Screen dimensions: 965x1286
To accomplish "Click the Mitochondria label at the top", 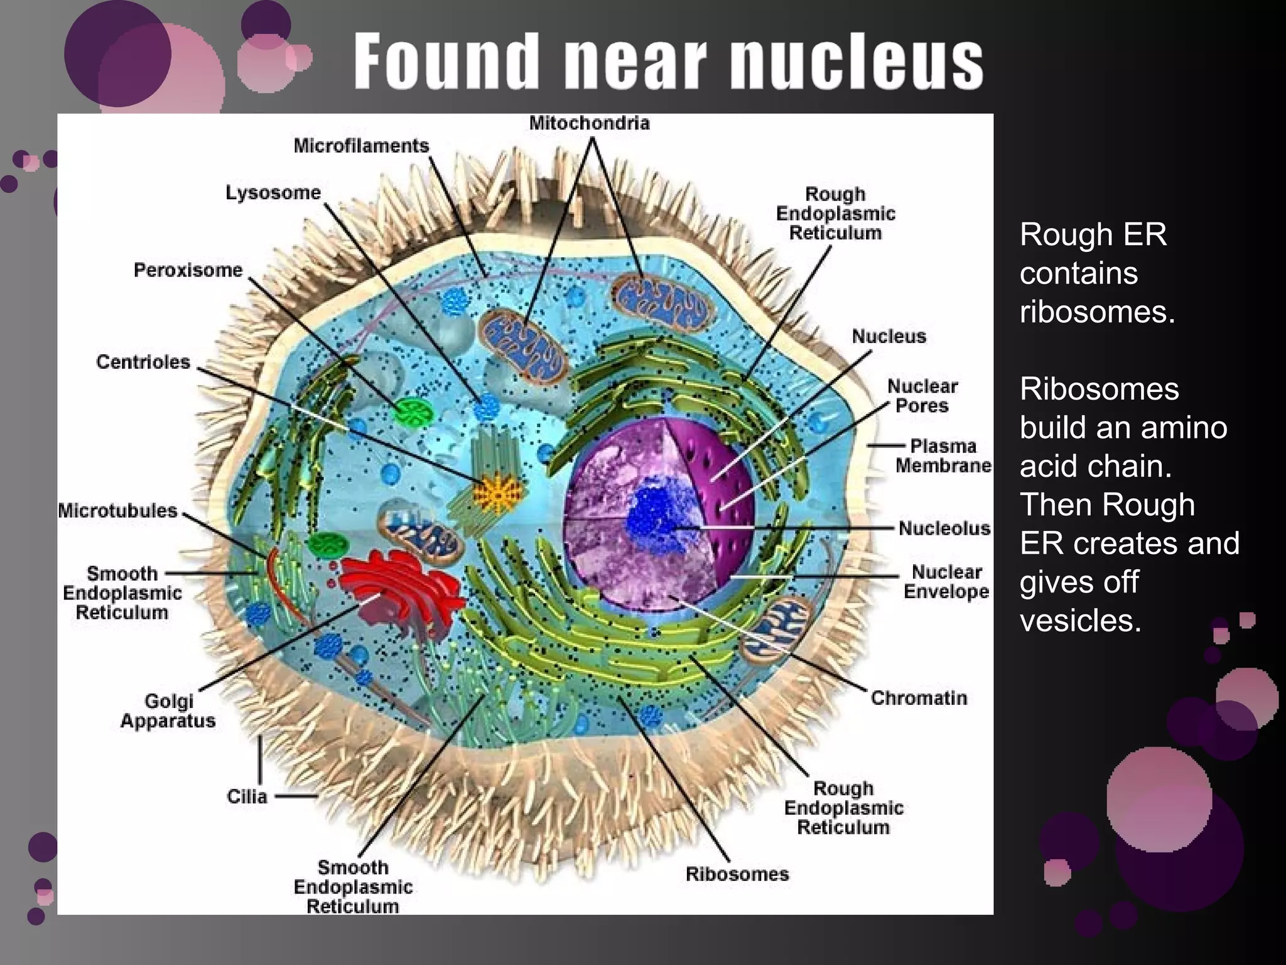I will [x=589, y=123].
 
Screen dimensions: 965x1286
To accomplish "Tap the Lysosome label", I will [x=273, y=192].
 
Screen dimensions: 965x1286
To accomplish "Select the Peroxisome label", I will [x=188, y=270].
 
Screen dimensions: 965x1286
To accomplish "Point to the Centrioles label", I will [x=143, y=362].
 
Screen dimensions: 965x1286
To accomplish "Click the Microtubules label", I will [x=118, y=510].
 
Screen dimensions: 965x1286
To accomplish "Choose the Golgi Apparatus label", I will [x=168, y=711].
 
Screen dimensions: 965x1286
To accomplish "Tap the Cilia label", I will [x=247, y=796].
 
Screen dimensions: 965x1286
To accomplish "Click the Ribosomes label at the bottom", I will [x=737, y=874].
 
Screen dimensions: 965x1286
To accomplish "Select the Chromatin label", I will [x=918, y=698].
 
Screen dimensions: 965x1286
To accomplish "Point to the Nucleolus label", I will [x=944, y=528].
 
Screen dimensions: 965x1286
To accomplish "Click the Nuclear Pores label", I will [x=922, y=396].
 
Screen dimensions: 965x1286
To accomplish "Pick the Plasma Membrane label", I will [x=943, y=455].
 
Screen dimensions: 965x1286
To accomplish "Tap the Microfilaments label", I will [x=361, y=146].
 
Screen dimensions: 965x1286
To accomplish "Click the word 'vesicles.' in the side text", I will [x=1080, y=621].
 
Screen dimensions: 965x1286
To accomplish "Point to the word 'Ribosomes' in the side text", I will [x=1099, y=389].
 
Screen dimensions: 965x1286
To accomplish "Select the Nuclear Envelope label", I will [x=946, y=582].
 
